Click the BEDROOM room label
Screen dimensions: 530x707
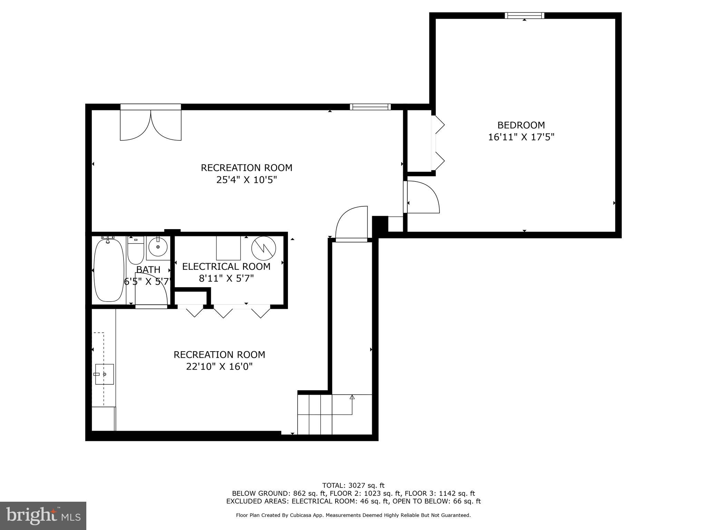click(521, 125)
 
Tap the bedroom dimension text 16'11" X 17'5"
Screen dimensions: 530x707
click(521, 137)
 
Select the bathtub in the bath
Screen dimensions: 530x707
click(109, 270)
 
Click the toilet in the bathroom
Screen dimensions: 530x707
click(136, 251)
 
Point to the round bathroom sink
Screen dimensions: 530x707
click(158, 247)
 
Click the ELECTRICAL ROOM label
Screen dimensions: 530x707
click(226, 266)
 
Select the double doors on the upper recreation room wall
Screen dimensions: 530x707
click(151, 124)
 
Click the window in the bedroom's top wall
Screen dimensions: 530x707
click(524, 16)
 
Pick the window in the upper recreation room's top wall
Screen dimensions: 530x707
click(370, 107)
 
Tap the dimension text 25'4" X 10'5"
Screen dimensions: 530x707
click(246, 180)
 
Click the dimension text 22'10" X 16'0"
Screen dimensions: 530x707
click(219, 366)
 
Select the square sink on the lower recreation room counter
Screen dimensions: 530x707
click(104, 374)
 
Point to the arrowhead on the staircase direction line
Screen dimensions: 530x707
click(352, 397)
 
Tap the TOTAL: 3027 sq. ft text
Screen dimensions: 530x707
click(353, 486)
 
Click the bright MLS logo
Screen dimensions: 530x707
click(43, 516)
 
